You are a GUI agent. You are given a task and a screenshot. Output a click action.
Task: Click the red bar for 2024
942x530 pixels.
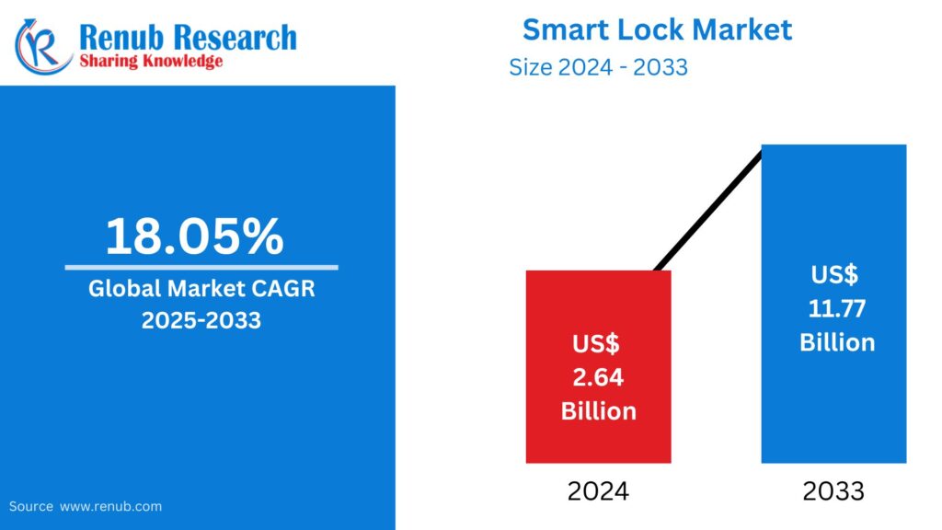tap(598, 304)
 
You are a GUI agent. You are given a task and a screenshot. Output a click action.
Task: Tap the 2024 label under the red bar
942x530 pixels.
tap(598, 491)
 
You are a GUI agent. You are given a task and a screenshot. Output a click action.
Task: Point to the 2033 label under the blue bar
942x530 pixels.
tap(833, 491)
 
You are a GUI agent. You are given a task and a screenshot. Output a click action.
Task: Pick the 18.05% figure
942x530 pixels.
tap(194, 236)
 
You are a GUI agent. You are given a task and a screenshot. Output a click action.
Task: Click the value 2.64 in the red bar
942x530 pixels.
tap(598, 377)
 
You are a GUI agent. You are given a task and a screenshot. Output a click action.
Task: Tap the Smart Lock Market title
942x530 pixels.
tap(657, 29)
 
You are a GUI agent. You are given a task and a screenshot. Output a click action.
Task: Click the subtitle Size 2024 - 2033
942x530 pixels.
tap(598, 67)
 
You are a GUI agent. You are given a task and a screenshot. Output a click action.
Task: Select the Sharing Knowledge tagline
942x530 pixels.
tap(151, 62)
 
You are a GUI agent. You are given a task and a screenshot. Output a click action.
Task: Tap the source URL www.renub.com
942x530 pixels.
tap(110, 506)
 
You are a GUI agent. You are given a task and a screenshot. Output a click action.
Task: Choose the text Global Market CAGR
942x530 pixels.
tap(201, 289)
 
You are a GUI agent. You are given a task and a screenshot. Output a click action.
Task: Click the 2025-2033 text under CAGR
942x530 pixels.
tap(201, 320)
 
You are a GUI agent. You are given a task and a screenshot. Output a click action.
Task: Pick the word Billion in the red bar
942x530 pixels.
tap(598, 410)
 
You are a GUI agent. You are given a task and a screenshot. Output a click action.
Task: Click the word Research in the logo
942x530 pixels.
tap(235, 37)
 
